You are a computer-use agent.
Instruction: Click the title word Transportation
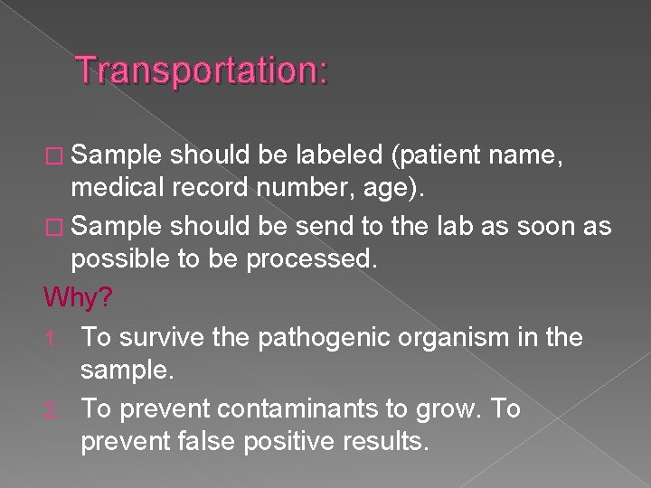click(201, 70)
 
